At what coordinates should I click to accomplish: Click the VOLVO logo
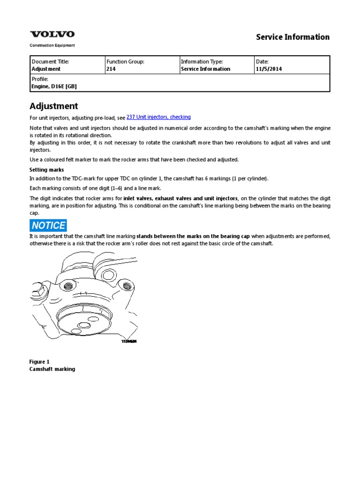52,34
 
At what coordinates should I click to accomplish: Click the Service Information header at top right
292,37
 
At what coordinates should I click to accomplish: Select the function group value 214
111,69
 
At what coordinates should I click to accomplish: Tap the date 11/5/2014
269,69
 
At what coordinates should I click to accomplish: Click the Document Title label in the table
50,62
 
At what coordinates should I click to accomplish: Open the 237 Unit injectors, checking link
158,117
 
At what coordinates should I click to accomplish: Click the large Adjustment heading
54,106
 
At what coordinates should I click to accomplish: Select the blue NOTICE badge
48,225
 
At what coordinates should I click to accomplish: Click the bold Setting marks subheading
46,170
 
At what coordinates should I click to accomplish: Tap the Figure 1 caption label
39,361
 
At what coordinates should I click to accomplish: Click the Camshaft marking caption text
52,369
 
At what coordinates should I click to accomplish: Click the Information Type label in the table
202,62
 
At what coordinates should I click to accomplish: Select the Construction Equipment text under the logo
52,45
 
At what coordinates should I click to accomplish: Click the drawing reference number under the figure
129,341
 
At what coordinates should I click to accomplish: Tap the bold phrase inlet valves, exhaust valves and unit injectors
180,198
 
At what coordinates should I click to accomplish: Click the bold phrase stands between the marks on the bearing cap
193,236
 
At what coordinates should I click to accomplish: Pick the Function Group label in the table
125,62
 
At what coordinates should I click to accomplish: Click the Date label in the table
262,62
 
